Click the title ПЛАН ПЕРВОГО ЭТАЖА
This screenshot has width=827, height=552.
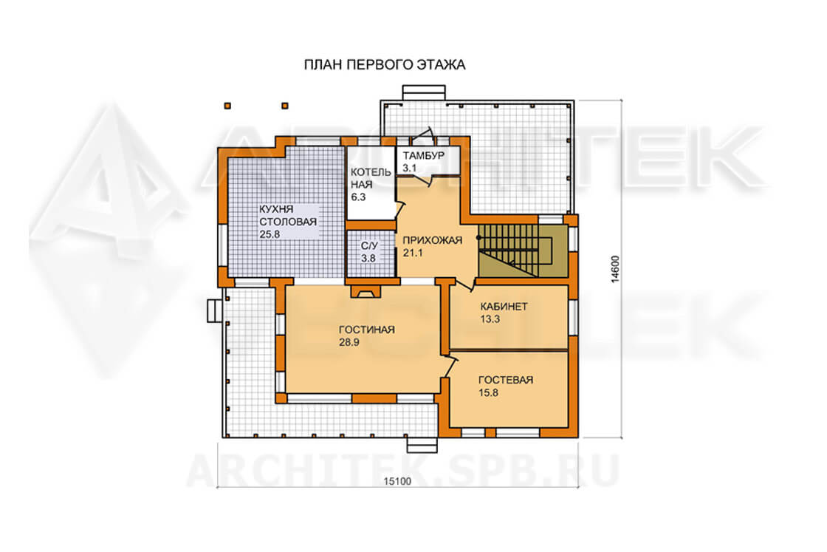(385, 65)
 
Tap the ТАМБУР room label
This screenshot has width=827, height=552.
(424, 156)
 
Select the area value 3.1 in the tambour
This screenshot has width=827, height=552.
(409, 168)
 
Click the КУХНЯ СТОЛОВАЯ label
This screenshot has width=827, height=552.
(288, 215)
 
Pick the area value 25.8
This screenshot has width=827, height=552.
(270, 234)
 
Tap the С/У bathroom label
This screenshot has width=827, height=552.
(369, 246)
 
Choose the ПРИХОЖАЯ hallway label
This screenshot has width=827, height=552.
(433, 240)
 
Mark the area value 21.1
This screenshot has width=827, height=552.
(413, 253)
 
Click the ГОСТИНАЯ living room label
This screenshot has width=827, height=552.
(366, 330)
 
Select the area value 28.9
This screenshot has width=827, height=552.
(349, 342)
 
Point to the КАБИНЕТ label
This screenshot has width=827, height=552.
(504, 307)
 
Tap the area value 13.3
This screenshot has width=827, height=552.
(490, 319)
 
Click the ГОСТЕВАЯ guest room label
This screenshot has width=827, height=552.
(506, 380)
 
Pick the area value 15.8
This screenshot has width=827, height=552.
(488, 392)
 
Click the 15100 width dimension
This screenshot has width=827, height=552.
(397, 481)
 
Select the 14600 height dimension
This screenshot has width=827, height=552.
(615, 269)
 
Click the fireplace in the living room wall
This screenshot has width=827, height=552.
(366, 290)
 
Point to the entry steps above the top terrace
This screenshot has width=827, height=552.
(424, 92)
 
